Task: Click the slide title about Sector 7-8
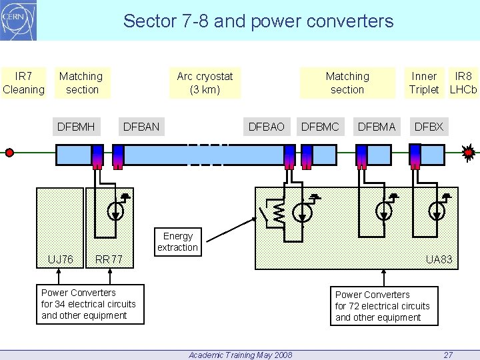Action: tap(259, 21)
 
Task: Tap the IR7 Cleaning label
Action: tap(23, 83)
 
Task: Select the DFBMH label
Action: tap(76, 127)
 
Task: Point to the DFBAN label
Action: tap(141, 127)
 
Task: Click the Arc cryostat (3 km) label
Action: tap(205, 83)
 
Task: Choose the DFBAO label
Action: tap(266, 127)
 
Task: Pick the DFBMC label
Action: tap(320, 127)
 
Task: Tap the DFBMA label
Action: tap(377, 127)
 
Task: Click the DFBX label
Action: tap(429, 127)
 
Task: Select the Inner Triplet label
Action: tap(424, 83)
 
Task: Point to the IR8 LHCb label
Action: tap(463, 83)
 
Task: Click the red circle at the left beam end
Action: tap(9, 153)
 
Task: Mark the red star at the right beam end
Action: tap(469, 153)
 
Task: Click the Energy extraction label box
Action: tap(177, 242)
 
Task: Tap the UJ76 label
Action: tap(61, 259)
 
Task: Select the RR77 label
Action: tap(109, 259)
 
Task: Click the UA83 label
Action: tap(439, 259)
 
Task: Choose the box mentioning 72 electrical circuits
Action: tap(385, 306)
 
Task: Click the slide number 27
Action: tap(448, 355)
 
